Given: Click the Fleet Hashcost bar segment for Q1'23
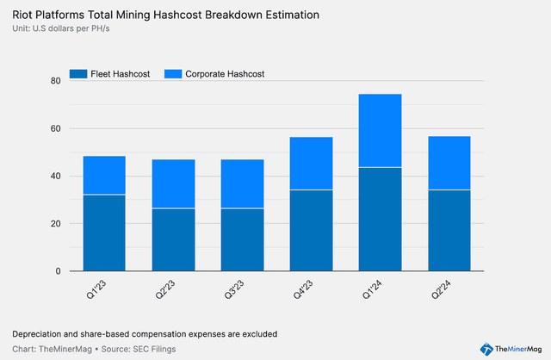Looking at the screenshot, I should pyautogui.click(x=104, y=233).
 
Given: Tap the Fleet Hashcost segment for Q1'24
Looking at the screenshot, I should pyautogui.click(x=380, y=219).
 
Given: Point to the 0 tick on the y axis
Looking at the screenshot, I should pyautogui.click(x=57, y=271).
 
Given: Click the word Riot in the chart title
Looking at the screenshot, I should pyautogui.click(x=23, y=15).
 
